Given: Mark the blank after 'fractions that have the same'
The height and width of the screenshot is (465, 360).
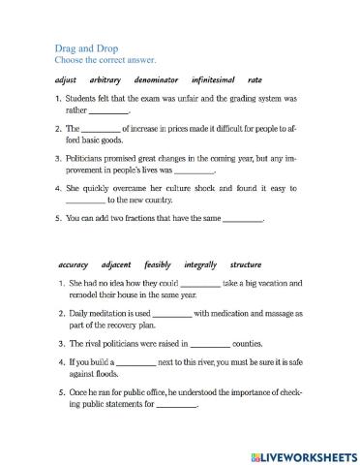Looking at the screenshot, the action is click(x=243, y=220).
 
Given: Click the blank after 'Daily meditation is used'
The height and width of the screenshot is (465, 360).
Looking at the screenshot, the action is click(x=172, y=314).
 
